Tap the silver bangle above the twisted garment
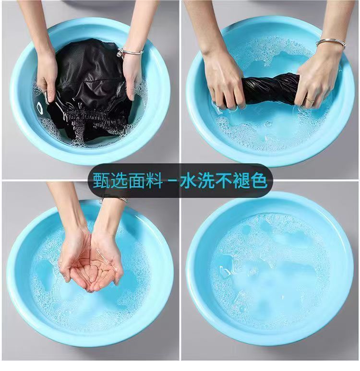point(331,43)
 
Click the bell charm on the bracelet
point(120,51)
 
